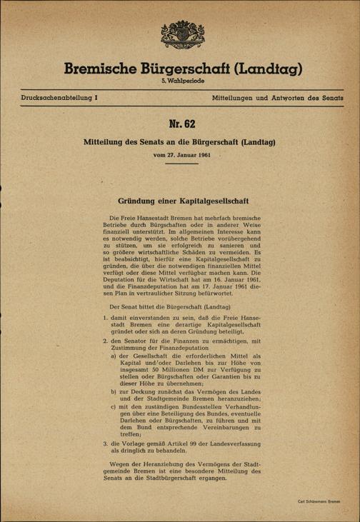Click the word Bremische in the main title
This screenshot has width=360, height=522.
click(x=102, y=71)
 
